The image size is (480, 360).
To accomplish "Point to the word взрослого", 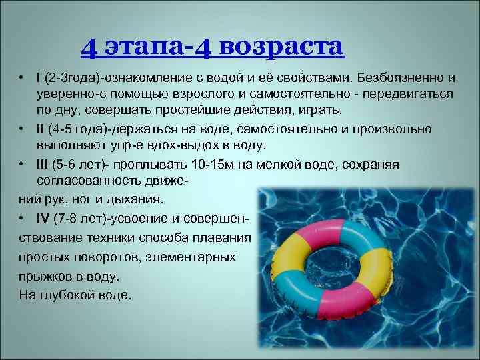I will [x=203, y=95].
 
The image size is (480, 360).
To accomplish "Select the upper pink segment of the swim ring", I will [x=314, y=230].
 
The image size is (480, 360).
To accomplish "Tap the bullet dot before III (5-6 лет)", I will [x=23, y=164].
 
